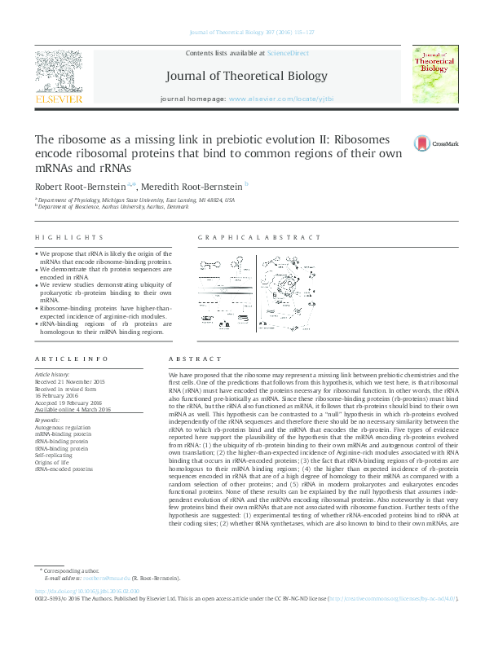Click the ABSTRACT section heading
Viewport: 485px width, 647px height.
pos(196,359)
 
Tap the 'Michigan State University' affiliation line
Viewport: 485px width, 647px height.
pos(136,200)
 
